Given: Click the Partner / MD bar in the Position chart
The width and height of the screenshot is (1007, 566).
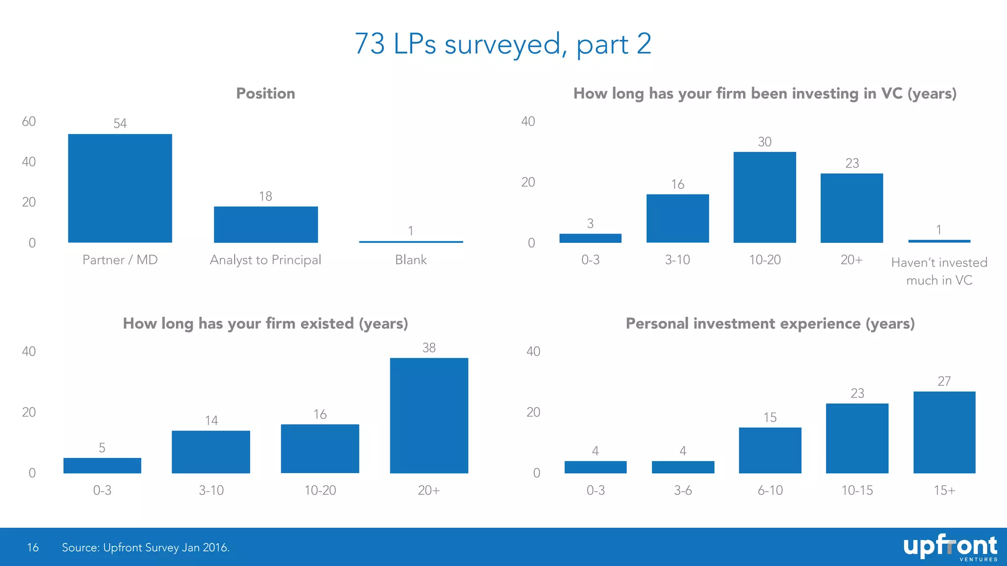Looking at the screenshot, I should (x=120, y=188).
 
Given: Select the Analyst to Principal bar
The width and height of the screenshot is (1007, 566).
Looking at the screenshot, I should (x=266, y=225).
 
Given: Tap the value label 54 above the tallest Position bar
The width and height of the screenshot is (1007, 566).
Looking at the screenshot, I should (x=120, y=123).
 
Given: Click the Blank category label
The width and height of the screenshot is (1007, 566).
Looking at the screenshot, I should (x=411, y=260).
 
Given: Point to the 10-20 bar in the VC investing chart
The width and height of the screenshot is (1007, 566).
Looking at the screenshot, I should (x=765, y=197).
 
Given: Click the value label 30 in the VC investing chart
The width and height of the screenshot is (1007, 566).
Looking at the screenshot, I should (x=765, y=142).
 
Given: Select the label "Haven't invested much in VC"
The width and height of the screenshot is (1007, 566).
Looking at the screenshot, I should (x=939, y=271).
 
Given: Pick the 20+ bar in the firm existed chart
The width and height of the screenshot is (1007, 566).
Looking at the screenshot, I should (x=429, y=416).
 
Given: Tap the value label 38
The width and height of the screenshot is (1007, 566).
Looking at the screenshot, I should (x=429, y=348).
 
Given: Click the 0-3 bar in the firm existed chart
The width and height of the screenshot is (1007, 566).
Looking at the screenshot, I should (x=102, y=465).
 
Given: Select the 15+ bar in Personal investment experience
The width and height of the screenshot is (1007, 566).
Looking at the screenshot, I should (x=944, y=432).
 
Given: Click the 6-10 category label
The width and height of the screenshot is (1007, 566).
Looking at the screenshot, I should (x=770, y=490).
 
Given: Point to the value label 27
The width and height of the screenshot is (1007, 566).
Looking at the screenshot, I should (x=944, y=381).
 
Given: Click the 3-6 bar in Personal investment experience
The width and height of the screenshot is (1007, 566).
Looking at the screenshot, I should (x=683, y=467).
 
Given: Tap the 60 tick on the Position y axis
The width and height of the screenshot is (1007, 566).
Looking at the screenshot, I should (x=29, y=122).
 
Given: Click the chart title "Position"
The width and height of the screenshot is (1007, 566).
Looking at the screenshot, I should (x=266, y=93).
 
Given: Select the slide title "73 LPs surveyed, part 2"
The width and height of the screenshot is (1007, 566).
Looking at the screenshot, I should (x=503, y=44).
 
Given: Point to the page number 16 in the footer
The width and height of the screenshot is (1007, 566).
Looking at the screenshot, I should (x=33, y=547).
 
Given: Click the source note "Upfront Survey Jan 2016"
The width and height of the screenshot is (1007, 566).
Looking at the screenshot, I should (x=146, y=547).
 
